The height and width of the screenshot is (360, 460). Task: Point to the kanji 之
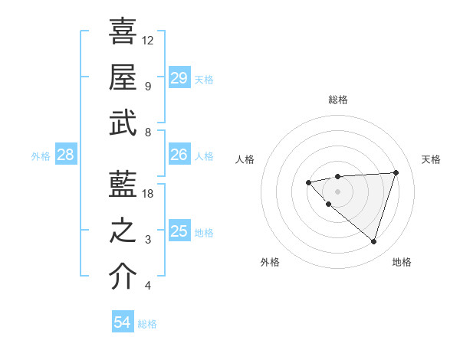123,231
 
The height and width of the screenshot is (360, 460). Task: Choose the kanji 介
123,277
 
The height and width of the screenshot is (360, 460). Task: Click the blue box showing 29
179,78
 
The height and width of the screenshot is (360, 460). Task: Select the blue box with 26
179,155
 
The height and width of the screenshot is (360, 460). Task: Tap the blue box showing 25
179,231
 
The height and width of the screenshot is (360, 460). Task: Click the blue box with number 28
65,155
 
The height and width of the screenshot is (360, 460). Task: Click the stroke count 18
149,194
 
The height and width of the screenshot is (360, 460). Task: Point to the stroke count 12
148,40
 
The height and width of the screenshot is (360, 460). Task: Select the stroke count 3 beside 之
148,241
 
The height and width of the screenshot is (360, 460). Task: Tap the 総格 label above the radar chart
338,100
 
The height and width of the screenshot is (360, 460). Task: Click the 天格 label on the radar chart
431,159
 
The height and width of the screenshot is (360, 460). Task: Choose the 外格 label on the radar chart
270,262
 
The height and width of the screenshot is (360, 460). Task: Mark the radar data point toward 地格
373,241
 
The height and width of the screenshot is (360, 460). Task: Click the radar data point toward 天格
396,172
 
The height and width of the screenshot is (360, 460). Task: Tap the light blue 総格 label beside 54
148,324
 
